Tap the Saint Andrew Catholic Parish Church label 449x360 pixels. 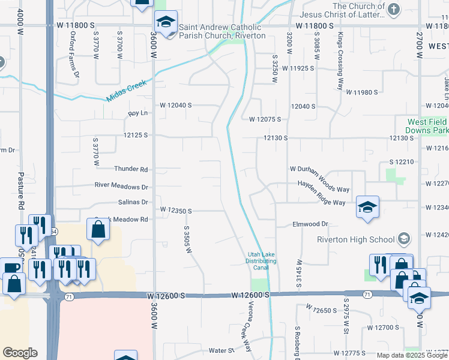tap(218, 31)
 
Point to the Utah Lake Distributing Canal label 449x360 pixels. tap(262, 261)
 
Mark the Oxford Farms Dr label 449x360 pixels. tap(74, 55)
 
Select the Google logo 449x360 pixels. tap(20, 353)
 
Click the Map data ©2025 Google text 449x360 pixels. tap(412, 355)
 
